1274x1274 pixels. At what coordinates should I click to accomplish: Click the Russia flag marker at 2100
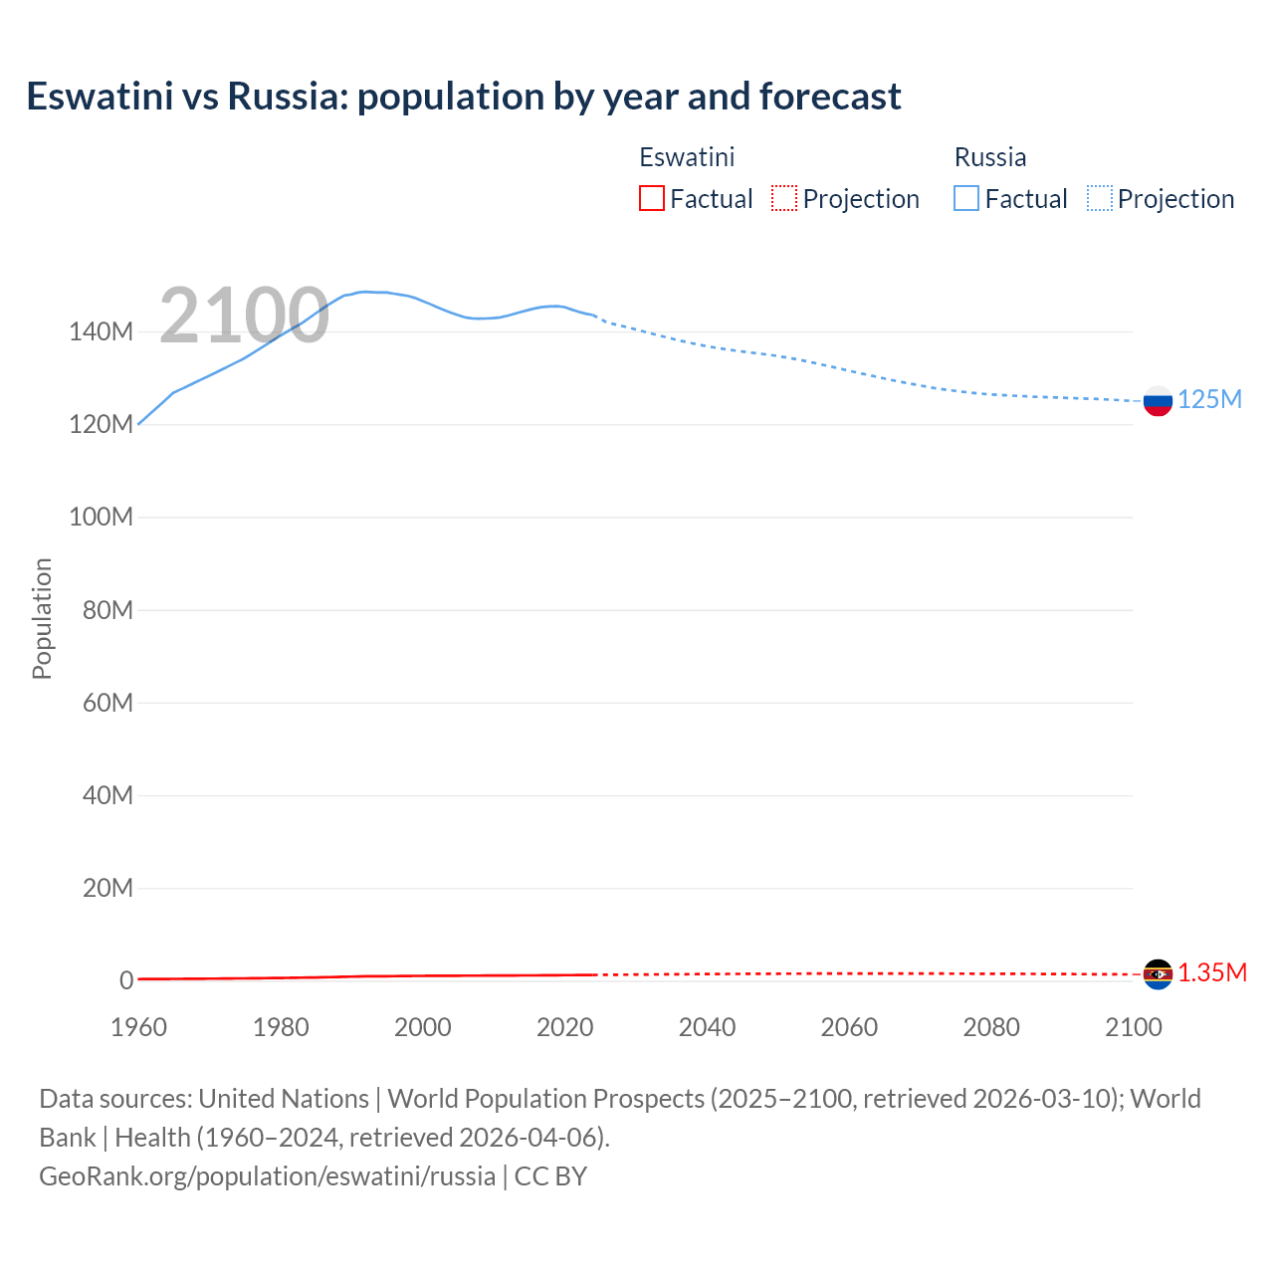pyautogui.click(x=1158, y=401)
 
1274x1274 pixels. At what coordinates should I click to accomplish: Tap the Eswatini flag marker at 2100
pyautogui.click(x=1158, y=974)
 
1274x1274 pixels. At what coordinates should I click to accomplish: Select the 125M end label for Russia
pyautogui.click(x=1209, y=399)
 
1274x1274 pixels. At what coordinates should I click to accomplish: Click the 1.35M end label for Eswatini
pyautogui.click(x=1212, y=972)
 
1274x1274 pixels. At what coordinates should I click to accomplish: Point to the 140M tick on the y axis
pyautogui.click(x=101, y=331)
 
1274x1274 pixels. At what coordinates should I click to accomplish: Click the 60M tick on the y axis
pyautogui.click(x=107, y=703)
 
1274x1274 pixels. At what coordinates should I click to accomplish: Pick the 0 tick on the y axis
pyautogui.click(x=126, y=980)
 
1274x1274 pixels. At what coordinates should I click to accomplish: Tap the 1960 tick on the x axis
pyautogui.click(x=138, y=1027)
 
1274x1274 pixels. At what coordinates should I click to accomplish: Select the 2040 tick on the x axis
pyautogui.click(x=707, y=1027)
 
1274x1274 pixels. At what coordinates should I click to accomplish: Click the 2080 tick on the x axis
pyautogui.click(x=991, y=1027)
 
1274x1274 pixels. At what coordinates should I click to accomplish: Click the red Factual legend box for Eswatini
pyautogui.click(x=652, y=198)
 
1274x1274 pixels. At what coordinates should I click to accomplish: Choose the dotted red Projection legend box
pyautogui.click(x=784, y=198)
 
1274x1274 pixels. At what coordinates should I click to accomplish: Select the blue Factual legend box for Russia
pyautogui.click(x=966, y=198)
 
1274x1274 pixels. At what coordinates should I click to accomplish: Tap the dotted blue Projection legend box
pyautogui.click(x=1100, y=198)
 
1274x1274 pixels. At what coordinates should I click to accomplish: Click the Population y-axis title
pyautogui.click(x=42, y=618)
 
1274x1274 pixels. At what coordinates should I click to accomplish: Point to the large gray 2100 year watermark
pyautogui.click(x=244, y=316)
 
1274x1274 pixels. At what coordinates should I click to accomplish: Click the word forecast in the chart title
pyautogui.click(x=830, y=97)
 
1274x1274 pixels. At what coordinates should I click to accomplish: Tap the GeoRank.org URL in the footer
pyautogui.click(x=267, y=1176)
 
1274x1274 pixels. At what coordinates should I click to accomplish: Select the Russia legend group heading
pyautogui.click(x=989, y=157)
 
